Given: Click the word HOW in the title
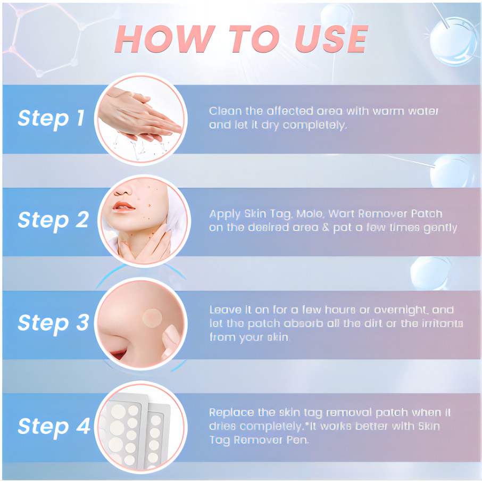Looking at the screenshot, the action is pyautogui.click(x=165, y=38).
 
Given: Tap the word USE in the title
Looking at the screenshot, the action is pyautogui.click(x=331, y=38).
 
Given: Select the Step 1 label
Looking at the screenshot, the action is pyautogui.click(x=51, y=119).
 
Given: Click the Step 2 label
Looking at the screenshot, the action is pyautogui.click(x=53, y=220).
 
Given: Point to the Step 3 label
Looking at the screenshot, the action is pyautogui.click(x=53, y=323).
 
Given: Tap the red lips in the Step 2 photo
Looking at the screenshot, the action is pyautogui.click(x=123, y=206).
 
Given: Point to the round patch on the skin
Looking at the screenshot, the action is pyautogui.click(x=152, y=318).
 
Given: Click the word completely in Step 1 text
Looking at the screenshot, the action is pyautogui.click(x=314, y=126).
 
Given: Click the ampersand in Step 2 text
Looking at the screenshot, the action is pyautogui.click(x=326, y=228).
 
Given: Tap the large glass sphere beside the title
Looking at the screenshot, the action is pyautogui.click(x=453, y=41).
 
